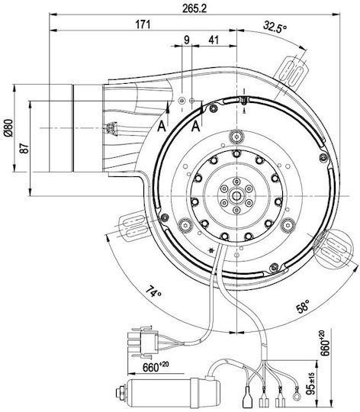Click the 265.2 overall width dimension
(x=194, y=8)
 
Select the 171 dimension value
(x=143, y=24)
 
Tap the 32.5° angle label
(x=275, y=27)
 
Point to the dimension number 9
(x=186, y=40)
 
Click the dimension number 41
(x=214, y=40)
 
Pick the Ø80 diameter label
(x=8, y=128)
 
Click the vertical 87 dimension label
(x=24, y=149)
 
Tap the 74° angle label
(x=153, y=291)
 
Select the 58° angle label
(x=303, y=307)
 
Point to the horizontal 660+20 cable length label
(x=156, y=366)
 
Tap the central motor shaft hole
(x=237, y=196)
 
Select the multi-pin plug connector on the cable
(x=143, y=343)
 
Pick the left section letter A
(x=162, y=127)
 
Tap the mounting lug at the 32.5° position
(x=292, y=73)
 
